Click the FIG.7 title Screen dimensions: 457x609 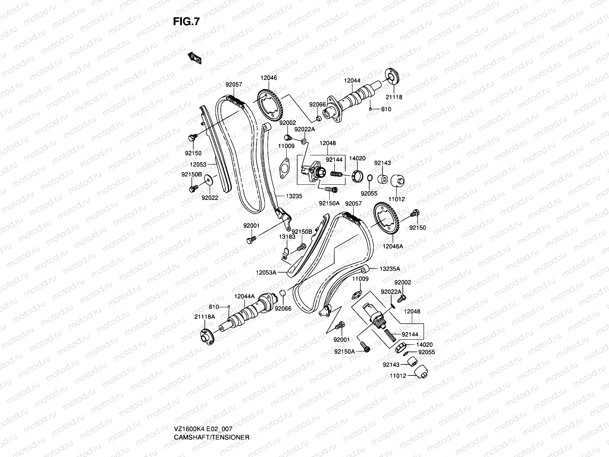click(186, 22)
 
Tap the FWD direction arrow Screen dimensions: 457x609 click(194, 58)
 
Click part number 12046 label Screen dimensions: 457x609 click(268, 78)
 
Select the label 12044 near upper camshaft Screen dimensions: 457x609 click(352, 81)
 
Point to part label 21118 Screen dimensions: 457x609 click(394, 97)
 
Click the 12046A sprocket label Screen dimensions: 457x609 click(393, 246)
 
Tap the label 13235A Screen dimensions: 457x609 click(389, 269)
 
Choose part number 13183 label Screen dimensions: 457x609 click(287, 236)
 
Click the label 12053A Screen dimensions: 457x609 click(266, 272)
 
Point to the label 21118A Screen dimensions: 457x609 click(204, 316)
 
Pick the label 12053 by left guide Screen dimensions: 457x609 click(198, 165)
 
